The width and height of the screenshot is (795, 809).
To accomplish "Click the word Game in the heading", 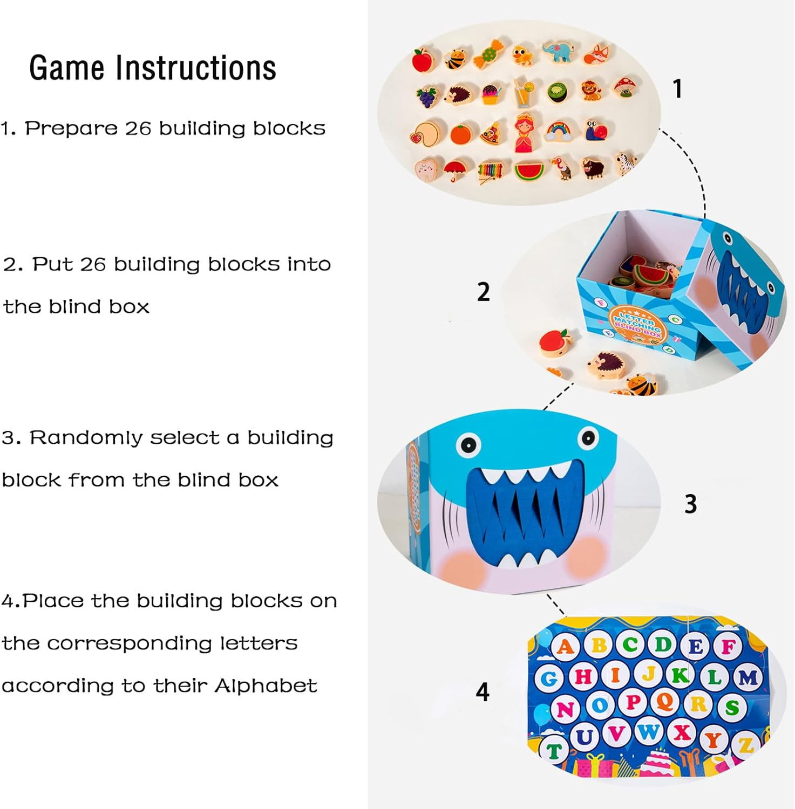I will (x=67, y=68).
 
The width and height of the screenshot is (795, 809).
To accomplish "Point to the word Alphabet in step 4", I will (x=266, y=686).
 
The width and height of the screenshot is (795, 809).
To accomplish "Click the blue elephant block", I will (x=559, y=52).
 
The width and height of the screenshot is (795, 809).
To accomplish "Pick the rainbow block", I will (x=558, y=131).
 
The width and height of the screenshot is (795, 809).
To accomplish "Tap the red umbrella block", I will (x=455, y=170).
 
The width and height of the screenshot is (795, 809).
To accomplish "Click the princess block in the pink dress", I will (x=526, y=133).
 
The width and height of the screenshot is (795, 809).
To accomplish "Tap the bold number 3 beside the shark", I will (x=690, y=504).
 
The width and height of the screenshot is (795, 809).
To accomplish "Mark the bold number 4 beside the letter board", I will (x=483, y=692).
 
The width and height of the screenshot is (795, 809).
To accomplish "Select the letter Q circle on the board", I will (x=665, y=702).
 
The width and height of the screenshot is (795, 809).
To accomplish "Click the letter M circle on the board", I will (x=748, y=677).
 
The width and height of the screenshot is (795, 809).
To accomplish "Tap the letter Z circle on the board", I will (x=746, y=745).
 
